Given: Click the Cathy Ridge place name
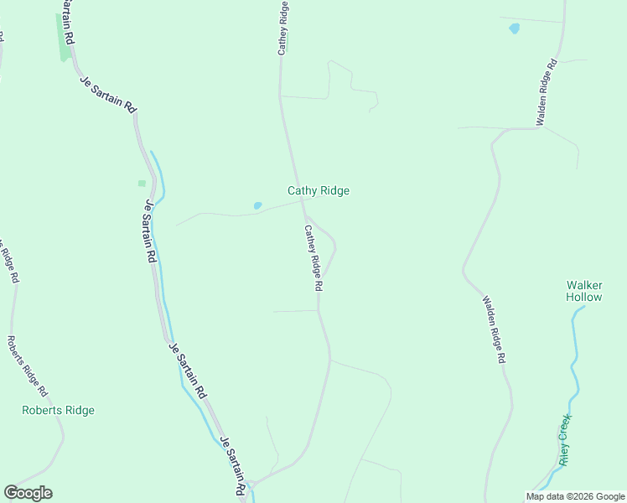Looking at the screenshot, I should [x=319, y=190].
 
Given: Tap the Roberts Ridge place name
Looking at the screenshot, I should [x=58, y=410].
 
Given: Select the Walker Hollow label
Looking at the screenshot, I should [x=584, y=291].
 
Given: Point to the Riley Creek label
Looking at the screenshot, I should [x=566, y=439].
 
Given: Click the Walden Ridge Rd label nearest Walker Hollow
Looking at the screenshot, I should [x=494, y=329].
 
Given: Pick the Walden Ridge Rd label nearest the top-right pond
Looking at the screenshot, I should [x=547, y=92].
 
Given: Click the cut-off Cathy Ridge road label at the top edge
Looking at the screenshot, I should [x=284, y=28].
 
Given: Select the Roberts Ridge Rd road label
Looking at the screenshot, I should [x=27, y=366].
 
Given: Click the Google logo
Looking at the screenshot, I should [x=28, y=493].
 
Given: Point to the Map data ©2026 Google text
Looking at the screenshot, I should [x=575, y=496].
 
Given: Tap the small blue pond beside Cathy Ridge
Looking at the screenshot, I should [x=257, y=205].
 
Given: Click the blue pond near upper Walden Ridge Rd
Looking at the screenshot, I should [x=514, y=29].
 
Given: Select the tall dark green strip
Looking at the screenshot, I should [x=65, y=38].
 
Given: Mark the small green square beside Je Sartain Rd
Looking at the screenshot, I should [x=142, y=183].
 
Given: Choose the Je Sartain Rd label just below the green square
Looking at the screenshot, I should [x=151, y=231].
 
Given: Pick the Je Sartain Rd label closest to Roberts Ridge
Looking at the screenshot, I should [x=188, y=370].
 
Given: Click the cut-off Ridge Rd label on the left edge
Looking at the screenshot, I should [x=8, y=262].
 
